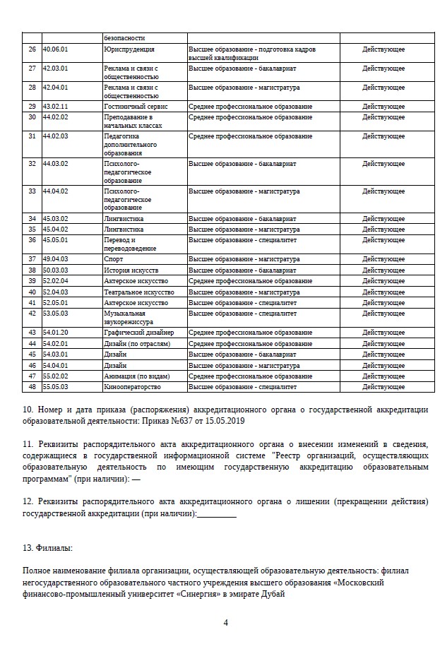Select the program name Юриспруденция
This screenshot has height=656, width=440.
click(x=129, y=49)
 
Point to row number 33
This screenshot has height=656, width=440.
click(x=32, y=191)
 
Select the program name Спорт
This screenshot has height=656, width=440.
click(x=113, y=259)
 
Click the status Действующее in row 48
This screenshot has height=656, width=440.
click(x=383, y=387)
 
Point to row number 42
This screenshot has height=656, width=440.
click(x=32, y=314)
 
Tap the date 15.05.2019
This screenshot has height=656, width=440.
click(x=215, y=421)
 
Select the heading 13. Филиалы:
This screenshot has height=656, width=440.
click(x=47, y=548)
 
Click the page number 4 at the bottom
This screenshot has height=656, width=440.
click(x=226, y=623)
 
